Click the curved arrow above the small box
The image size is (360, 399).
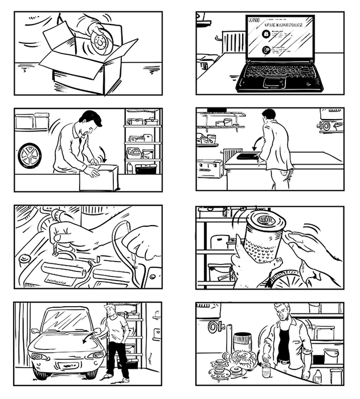pyautogui.click(x=102, y=153)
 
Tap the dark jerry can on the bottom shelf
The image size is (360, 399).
pyautogui.click(x=145, y=169)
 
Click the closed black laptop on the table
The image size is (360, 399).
pyautogui.click(x=247, y=156)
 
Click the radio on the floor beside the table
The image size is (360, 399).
pyautogui.click(x=209, y=169)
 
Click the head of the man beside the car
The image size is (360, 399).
pyautogui.click(x=111, y=311)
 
